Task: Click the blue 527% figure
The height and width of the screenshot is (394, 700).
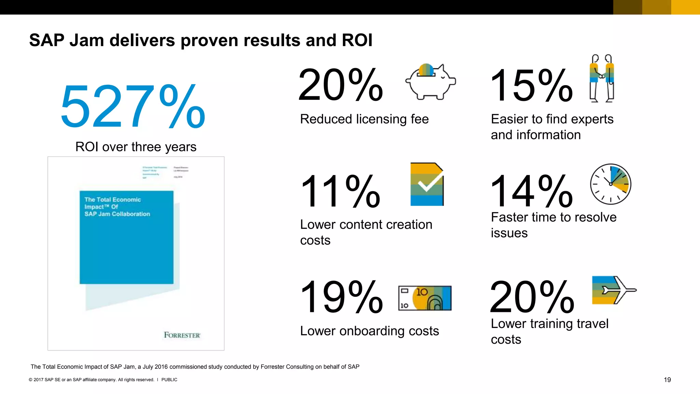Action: [x=133, y=107]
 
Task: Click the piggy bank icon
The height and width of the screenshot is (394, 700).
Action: [x=430, y=82]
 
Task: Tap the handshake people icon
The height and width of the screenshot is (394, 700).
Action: [x=602, y=78]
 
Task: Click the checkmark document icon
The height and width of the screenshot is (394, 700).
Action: [x=427, y=184]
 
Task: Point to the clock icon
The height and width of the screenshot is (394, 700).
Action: [x=610, y=184]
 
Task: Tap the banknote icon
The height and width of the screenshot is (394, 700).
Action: [x=425, y=298]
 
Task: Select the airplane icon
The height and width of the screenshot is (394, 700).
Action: [x=614, y=290]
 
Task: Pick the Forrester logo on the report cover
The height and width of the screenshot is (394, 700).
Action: [x=182, y=335]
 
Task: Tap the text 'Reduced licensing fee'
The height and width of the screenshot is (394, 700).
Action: [x=364, y=119]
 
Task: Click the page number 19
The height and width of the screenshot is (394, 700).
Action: [x=667, y=380]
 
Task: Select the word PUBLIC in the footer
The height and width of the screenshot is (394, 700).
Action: [x=169, y=380]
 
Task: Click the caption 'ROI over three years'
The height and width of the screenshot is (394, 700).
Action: [x=136, y=147]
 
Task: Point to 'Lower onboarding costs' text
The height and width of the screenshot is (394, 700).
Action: [x=369, y=331]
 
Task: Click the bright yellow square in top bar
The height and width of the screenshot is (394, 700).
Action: [x=685, y=7]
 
